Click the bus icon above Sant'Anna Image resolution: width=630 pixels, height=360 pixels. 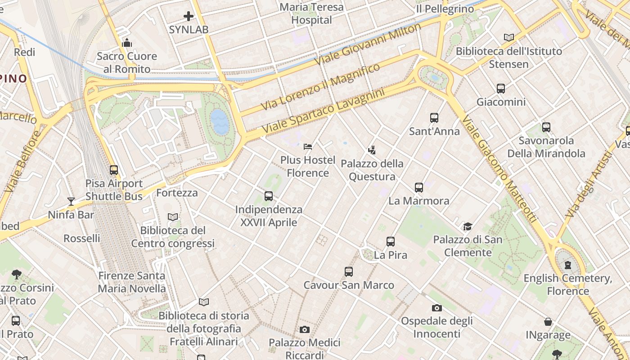[x=434, y=118]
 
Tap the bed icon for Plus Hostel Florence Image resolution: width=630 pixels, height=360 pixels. [x=308, y=147]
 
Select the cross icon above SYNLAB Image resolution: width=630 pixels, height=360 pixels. [x=189, y=17]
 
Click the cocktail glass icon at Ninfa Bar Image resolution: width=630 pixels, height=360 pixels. [x=71, y=201]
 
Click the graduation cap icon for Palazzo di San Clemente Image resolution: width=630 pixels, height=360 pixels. [x=468, y=226]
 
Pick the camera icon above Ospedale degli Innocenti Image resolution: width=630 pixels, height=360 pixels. [x=436, y=308]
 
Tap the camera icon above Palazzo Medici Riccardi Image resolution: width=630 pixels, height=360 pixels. [x=305, y=330]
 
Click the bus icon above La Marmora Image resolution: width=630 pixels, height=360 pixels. [x=419, y=188]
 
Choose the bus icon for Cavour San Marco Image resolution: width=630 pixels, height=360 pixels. [x=349, y=272]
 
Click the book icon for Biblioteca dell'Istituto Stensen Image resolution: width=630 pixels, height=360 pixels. [x=509, y=38]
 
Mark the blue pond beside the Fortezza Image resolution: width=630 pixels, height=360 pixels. [x=220, y=121]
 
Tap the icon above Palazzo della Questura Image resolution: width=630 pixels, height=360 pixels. [x=372, y=150]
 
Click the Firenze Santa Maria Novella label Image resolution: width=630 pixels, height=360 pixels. [x=132, y=282]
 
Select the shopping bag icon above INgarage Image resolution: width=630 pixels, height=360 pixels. [x=548, y=322]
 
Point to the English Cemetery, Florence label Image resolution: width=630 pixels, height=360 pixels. [x=567, y=284]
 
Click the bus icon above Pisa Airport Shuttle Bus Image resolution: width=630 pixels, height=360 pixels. [x=114, y=170]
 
